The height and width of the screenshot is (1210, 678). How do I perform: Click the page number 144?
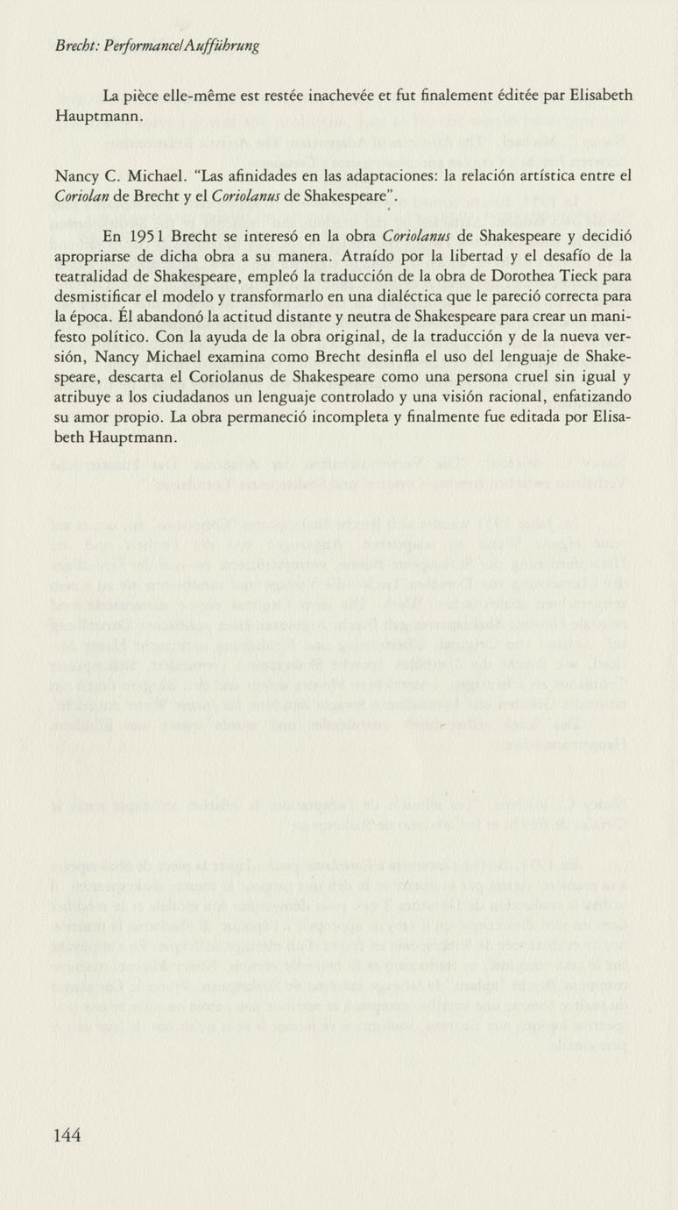pyautogui.click(x=67, y=1135)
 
